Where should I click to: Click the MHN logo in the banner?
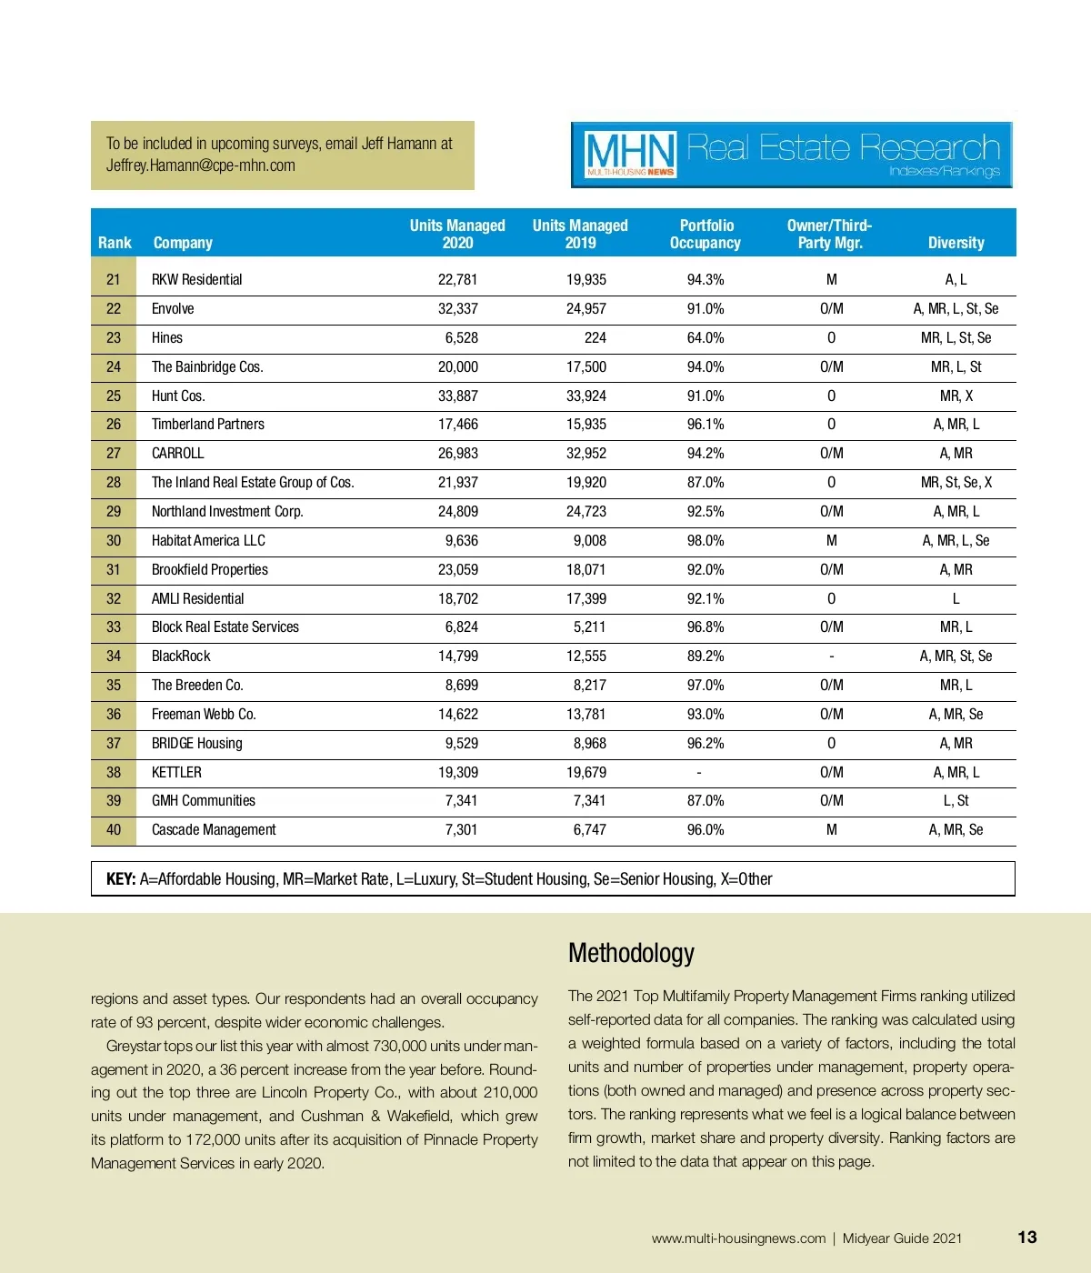[630, 155]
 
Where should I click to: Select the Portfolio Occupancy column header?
[706, 234]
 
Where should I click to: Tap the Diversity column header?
[956, 243]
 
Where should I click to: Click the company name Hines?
[167, 338]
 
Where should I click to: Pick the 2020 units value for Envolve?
[457, 309]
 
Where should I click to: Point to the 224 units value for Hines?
[595, 338]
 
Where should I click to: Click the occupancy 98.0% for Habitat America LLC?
[706, 541]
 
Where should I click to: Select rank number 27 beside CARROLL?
[114, 454]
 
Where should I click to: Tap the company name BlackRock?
[181, 657]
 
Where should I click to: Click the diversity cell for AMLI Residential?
[956, 599]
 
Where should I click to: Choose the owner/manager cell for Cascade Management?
[831, 830]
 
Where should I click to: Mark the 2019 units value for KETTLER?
[586, 773]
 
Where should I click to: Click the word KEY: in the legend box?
[121, 879]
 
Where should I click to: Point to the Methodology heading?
[631, 953]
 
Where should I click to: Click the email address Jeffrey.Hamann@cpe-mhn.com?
[201, 165]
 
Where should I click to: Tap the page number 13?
[1026, 1238]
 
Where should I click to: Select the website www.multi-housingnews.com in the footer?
[738, 1238]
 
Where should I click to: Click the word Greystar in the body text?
[134, 1046]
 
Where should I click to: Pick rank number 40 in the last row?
[114, 830]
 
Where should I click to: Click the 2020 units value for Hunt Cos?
[457, 396]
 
